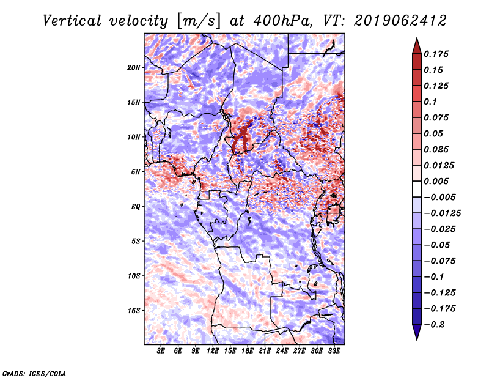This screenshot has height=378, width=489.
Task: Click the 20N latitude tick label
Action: point(133,68)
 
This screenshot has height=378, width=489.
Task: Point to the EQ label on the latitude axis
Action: point(136,207)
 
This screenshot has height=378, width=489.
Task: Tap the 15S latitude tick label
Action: point(134,311)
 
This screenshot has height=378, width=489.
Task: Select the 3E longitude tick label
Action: point(161,351)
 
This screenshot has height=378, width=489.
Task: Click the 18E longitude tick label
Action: point(248,351)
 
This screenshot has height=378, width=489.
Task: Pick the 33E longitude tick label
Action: point(334,351)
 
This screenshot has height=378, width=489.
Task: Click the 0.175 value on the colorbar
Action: point(436,54)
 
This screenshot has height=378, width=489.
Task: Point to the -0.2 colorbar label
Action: point(434,325)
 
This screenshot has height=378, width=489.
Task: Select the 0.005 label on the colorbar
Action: point(436,181)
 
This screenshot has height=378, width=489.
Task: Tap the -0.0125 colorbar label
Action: point(442,213)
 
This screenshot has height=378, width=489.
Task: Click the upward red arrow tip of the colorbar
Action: point(417,38)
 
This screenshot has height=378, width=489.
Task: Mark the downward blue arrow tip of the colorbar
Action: point(417,339)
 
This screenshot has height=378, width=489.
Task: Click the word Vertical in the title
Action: point(72,21)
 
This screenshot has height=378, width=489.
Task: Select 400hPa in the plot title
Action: point(282,21)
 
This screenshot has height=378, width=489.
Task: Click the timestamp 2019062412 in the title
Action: point(400,21)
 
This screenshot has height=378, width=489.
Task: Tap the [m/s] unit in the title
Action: point(198,21)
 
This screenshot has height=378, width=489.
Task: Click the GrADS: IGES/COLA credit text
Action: point(34,374)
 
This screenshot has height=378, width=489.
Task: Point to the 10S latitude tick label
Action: point(134,276)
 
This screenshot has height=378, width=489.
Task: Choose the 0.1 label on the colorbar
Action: point(430,102)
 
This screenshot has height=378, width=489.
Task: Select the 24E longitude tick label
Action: point(282,351)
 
